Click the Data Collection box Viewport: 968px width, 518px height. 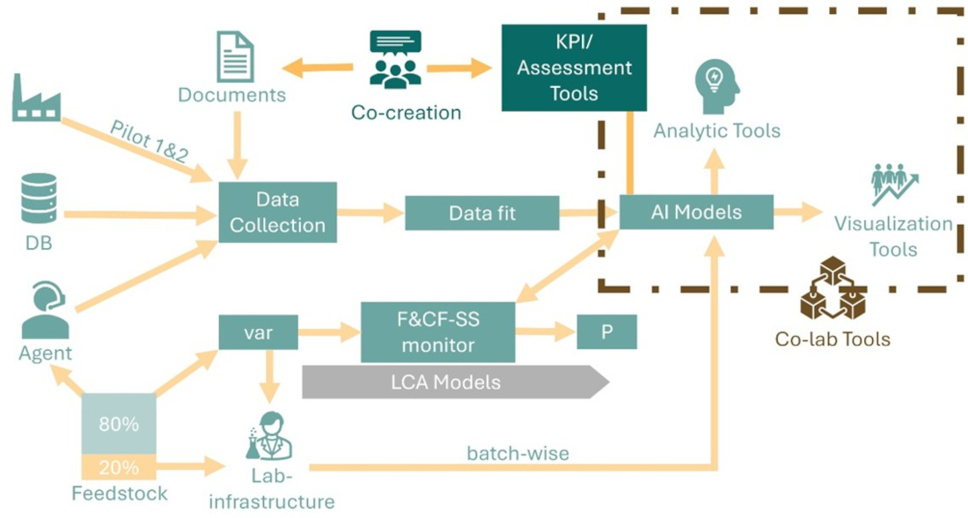[x=277, y=212]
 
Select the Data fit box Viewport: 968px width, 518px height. [x=481, y=213]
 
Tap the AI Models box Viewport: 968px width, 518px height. [x=695, y=212]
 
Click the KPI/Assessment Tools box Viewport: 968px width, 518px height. [x=574, y=68]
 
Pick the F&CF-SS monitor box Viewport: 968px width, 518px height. [x=437, y=332]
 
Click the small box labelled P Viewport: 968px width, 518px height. [x=606, y=332]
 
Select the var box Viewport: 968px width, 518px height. [x=258, y=332]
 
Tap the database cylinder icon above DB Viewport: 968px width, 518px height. [x=40, y=199]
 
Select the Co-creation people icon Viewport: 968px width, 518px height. [x=395, y=60]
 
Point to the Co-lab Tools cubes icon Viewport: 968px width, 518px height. [x=832, y=289]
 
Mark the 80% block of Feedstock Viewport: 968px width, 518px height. [x=119, y=424]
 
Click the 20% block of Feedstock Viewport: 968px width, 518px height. [x=119, y=467]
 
